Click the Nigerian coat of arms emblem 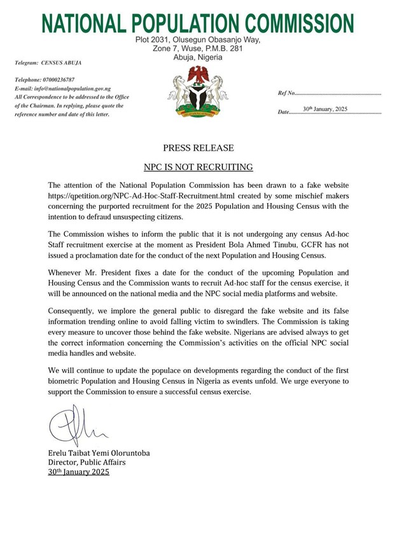pos(198,93)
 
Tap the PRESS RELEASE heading pos(198,148)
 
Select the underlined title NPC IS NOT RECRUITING pos(198,167)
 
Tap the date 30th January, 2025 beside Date pos(325,109)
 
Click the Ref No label pos(287,93)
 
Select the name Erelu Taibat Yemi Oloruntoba pos(99,453)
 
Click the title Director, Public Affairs pos(80,463)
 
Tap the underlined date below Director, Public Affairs pos(79,472)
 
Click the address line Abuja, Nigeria pos(198,57)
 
